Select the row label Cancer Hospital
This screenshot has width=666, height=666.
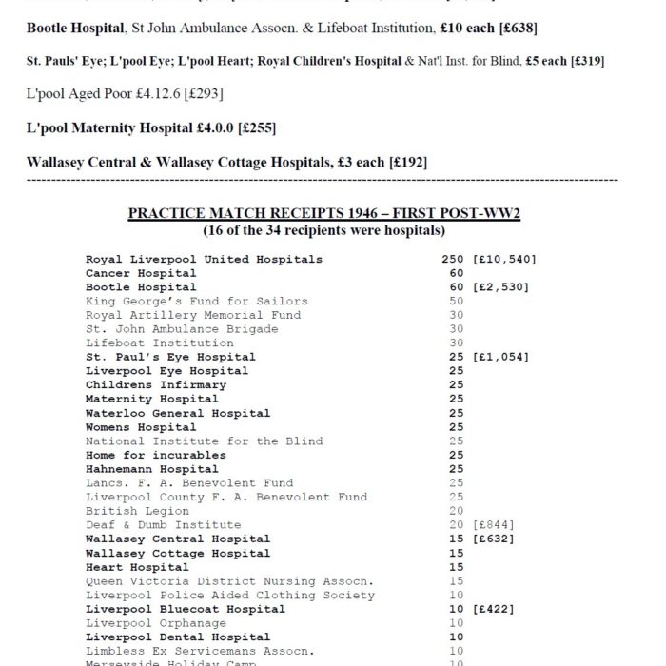(141, 273)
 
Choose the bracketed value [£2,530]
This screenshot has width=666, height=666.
(500, 286)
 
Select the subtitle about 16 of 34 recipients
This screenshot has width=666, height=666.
(324, 230)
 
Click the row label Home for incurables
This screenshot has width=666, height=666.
(156, 455)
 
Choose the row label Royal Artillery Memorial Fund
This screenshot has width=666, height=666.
(193, 315)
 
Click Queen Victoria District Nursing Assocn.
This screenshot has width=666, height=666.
(229, 581)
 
